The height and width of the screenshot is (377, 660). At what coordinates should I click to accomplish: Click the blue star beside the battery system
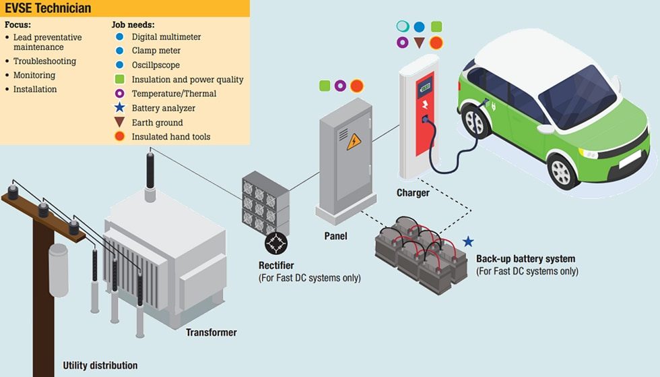tap(468, 241)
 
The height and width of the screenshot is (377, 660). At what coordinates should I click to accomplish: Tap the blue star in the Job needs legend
tap(119, 108)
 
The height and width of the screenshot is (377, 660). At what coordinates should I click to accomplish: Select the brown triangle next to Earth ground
tap(119, 122)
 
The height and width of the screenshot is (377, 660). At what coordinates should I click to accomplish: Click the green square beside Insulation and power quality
tap(119, 80)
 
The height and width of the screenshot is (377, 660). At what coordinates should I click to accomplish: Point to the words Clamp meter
tap(156, 51)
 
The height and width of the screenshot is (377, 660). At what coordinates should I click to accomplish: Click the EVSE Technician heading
tap(48, 9)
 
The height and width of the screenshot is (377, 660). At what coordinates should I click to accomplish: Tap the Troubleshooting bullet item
tap(44, 61)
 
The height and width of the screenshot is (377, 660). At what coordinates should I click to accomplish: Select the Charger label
tap(413, 193)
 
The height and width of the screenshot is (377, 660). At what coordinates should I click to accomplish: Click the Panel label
tap(335, 236)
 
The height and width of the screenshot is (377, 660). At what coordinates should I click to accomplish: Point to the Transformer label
tap(211, 332)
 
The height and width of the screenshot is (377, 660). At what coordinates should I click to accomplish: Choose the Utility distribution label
tap(100, 366)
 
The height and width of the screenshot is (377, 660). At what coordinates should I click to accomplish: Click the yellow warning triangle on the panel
tap(354, 142)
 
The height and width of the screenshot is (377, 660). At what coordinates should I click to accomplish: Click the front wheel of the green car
tap(563, 171)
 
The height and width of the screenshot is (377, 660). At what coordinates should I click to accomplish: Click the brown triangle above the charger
tap(419, 42)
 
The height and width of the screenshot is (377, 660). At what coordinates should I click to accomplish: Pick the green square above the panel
tap(325, 86)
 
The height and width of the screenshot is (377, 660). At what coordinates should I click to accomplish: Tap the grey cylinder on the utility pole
tap(58, 262)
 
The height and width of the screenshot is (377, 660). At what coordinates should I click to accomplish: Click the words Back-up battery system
tap(525, 259)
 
